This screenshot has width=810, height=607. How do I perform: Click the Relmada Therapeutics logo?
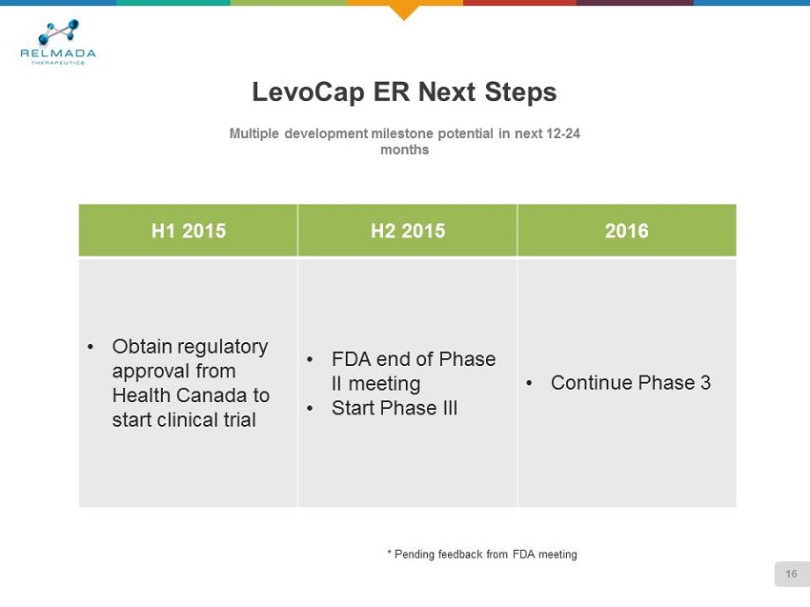coord(58,42)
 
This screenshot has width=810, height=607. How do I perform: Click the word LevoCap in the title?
coord(308,91)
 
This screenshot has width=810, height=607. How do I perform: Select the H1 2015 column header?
coord(189,231)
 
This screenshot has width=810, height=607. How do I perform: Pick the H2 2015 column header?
coord(408,231)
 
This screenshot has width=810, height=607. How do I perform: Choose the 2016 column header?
coord(627,231)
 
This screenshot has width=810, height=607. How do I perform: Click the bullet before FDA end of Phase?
coord(310,359)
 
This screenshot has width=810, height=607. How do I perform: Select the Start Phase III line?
coord(395,408)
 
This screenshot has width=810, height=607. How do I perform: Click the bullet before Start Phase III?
coord(310,409)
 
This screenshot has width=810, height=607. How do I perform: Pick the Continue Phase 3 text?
coord(631,383)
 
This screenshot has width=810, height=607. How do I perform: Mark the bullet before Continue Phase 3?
coord(529,383)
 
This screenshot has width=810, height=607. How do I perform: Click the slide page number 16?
coord(791,574)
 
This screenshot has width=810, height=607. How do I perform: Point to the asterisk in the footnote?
coord(389,553)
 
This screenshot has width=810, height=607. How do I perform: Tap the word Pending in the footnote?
coord(415,555)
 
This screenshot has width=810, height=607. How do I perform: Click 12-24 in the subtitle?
coord(562,133)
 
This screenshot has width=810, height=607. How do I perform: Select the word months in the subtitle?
coord(404,150)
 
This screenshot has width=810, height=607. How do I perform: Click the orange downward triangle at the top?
coord(404,11)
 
